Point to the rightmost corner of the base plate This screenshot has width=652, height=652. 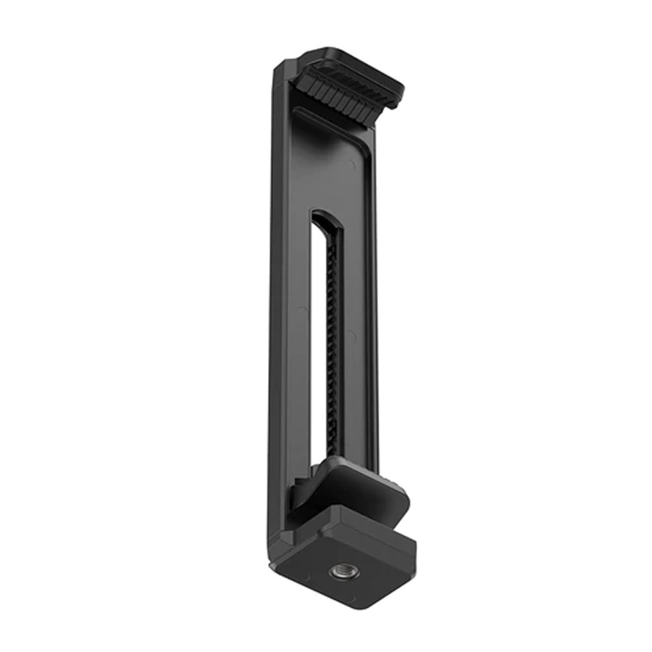click(416, 540)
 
